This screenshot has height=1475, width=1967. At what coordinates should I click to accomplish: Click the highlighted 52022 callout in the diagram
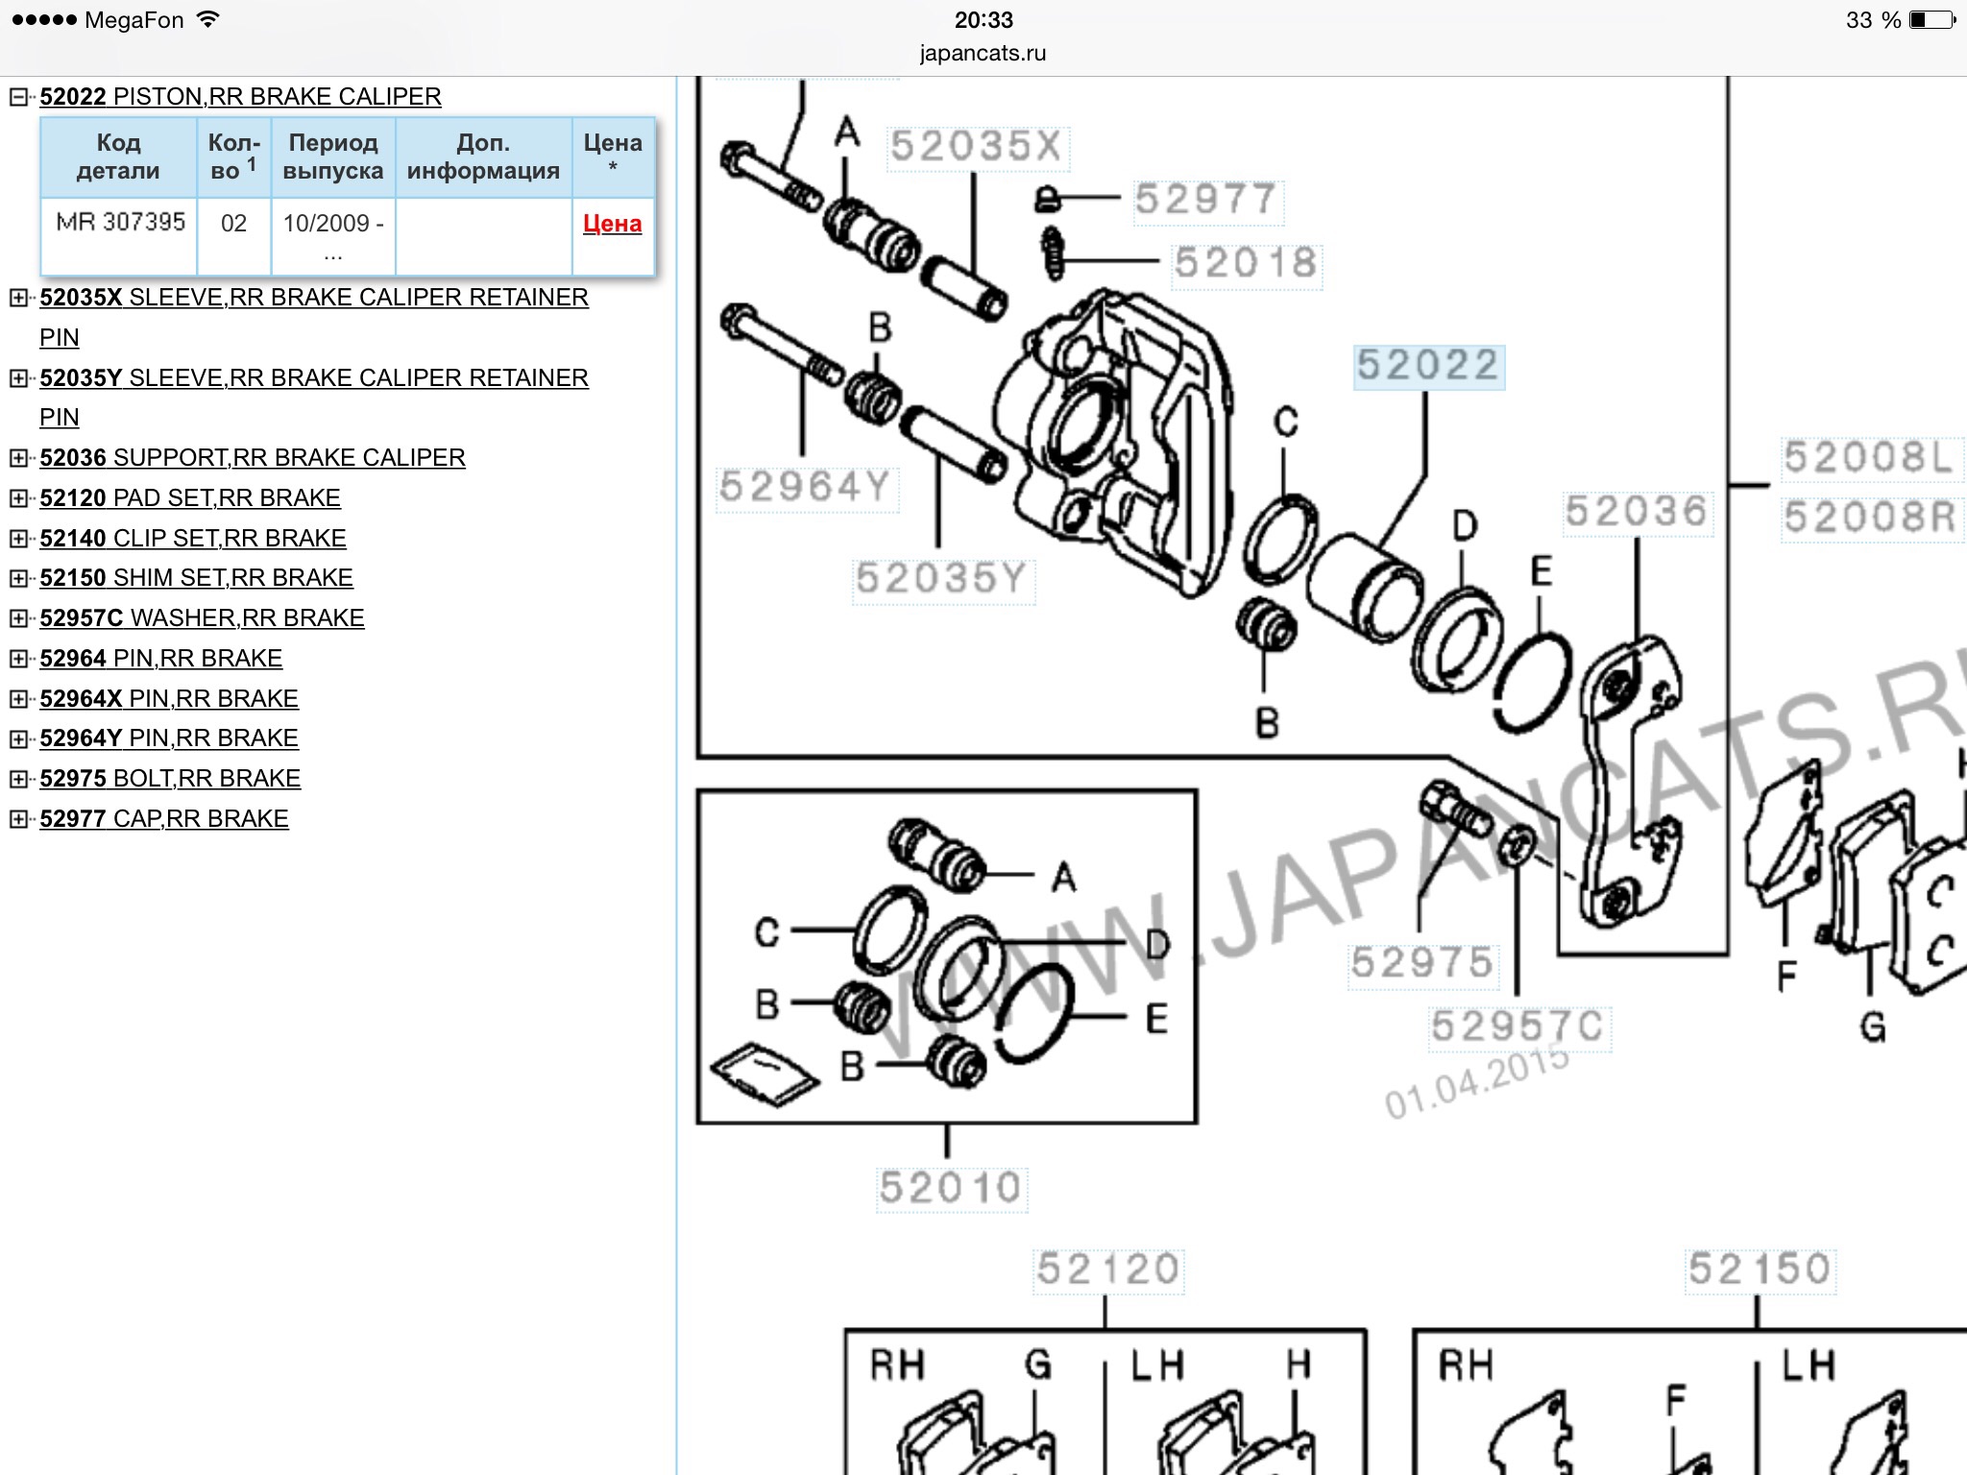pyautogui.click(x=1428, y=366)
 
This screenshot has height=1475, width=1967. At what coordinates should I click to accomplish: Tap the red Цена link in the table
pyautogui.click(x=612, y=224)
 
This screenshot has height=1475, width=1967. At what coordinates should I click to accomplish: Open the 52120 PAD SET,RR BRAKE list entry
pyautogui.click(x=190, y=498)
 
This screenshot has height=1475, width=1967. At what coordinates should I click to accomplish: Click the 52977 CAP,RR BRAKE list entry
pyautogui.click(x=164, y=819)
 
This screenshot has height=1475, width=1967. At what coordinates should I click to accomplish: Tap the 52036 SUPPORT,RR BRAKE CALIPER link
pyautogui.click(x=253, y=458)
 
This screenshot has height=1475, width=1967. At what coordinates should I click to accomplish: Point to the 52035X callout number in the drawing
pyautogui.click(x=976, y=147)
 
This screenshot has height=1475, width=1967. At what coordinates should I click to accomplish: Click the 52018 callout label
pyautogui.click(x=1246, y=263)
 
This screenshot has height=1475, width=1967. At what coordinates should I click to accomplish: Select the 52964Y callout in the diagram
pyautogui.click(x=805, y=487)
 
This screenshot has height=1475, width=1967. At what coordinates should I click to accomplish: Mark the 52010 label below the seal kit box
pyautogui.click(x=951, y=1189)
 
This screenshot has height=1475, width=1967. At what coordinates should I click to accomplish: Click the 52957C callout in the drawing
pyautogui.click(x=1518, y=1027)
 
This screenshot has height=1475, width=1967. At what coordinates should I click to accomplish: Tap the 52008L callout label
pyautogui.click(x=1869, y=458)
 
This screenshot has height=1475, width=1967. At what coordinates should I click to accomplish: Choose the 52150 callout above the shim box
pyautogui.click(x=1760, y=1269)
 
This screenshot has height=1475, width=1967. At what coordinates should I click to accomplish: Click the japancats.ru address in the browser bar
pyautogui.click(x=983, y=54)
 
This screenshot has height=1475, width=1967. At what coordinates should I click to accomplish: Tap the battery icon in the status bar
pyautogui.click(x=1932, y=19)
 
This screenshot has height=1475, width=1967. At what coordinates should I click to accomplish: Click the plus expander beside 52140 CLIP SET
pyautogui.click(x=18, y=539)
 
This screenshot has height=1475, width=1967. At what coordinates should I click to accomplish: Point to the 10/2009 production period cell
pyautogui.click(x=333, y=236)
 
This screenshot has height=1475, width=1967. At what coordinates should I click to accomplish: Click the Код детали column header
pyautogui.click(x=119, y=157)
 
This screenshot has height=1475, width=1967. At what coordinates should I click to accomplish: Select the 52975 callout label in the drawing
pyautogui.click(x=1422, y=963)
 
